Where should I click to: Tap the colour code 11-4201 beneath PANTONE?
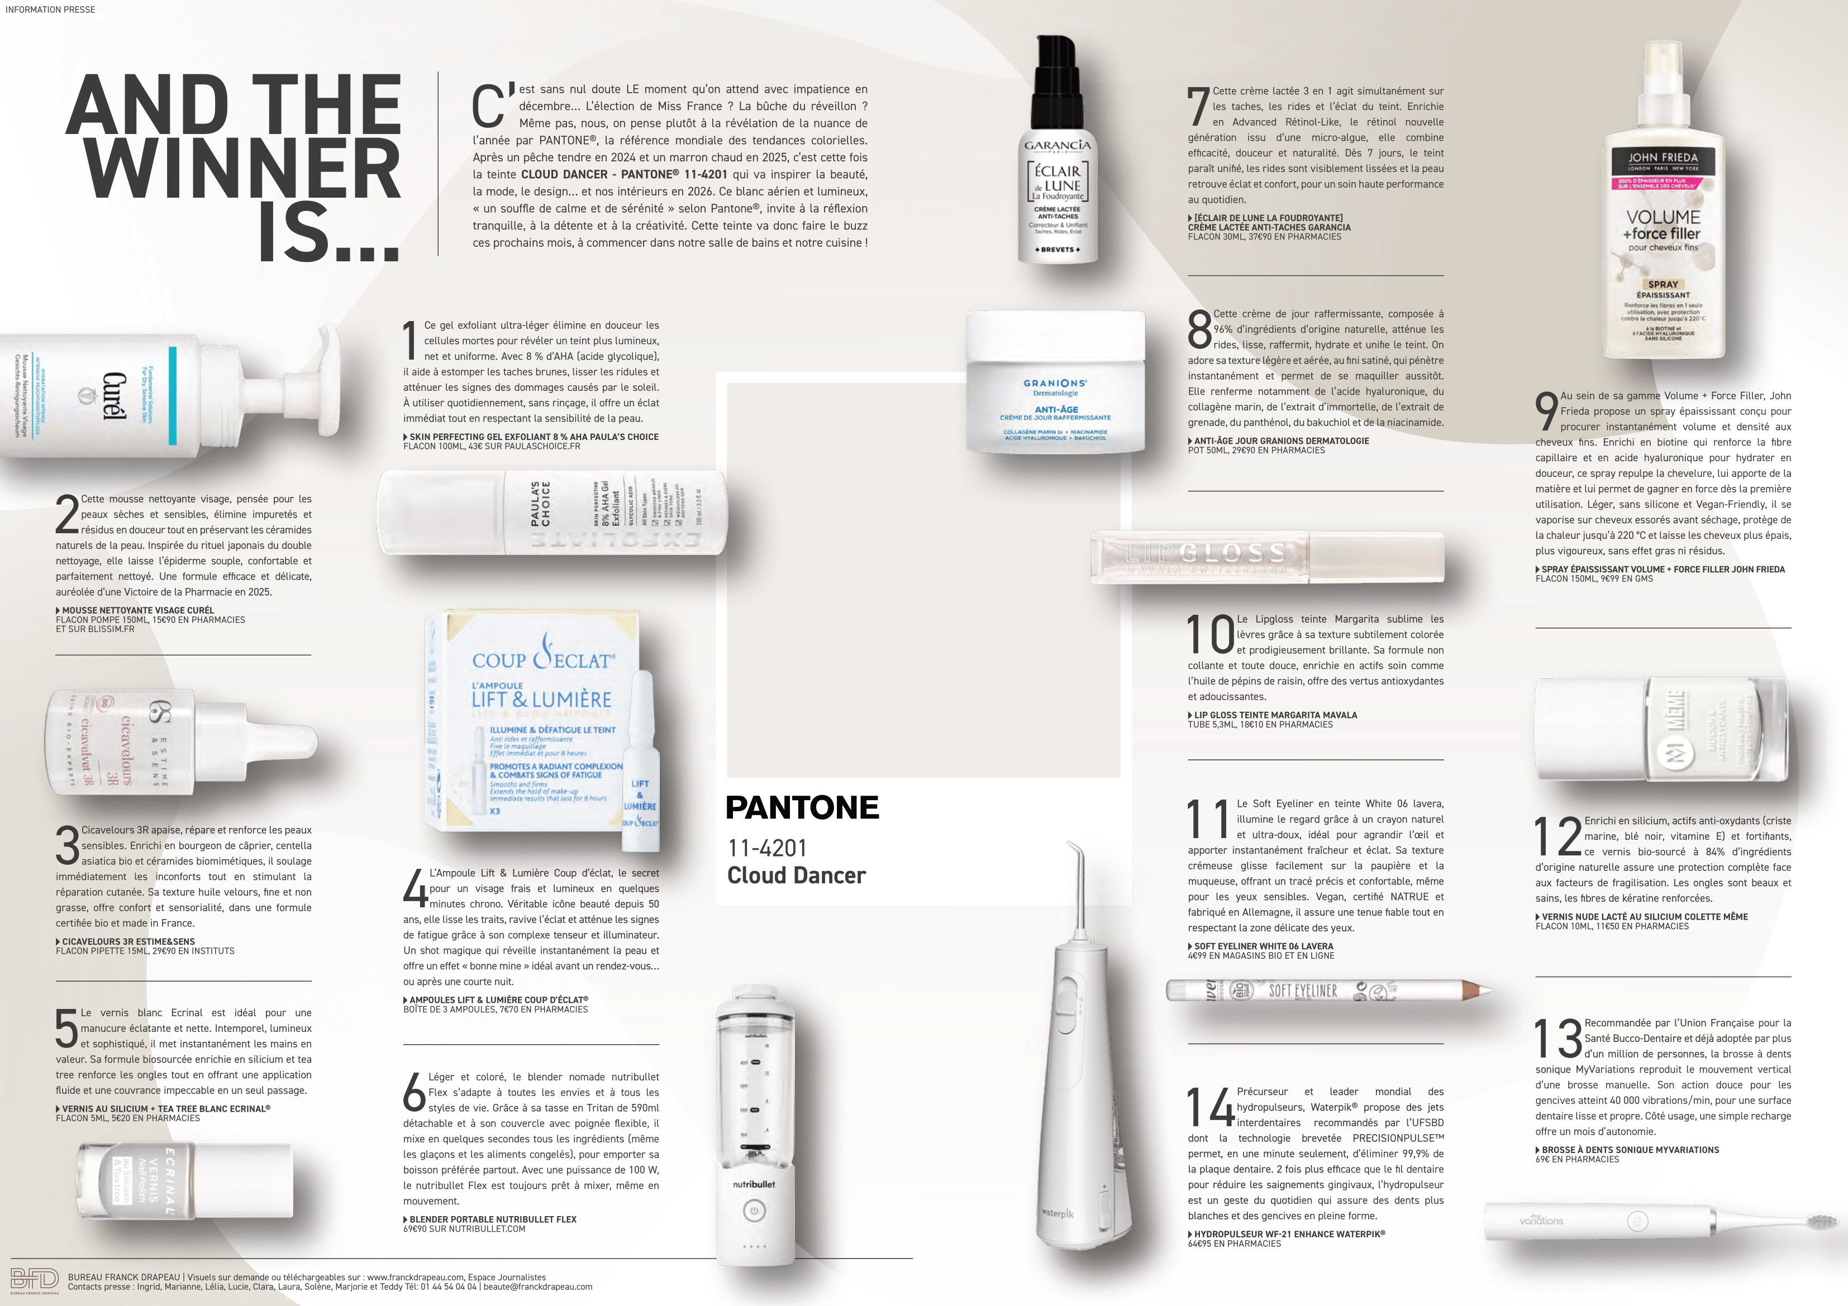point(767,848)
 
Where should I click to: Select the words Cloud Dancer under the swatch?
point(796,876)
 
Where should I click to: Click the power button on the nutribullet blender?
point(754,1211)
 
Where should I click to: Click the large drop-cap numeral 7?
point(1198,107)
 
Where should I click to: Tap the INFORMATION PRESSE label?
point(50,9)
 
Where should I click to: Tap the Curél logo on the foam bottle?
point(113,396)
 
